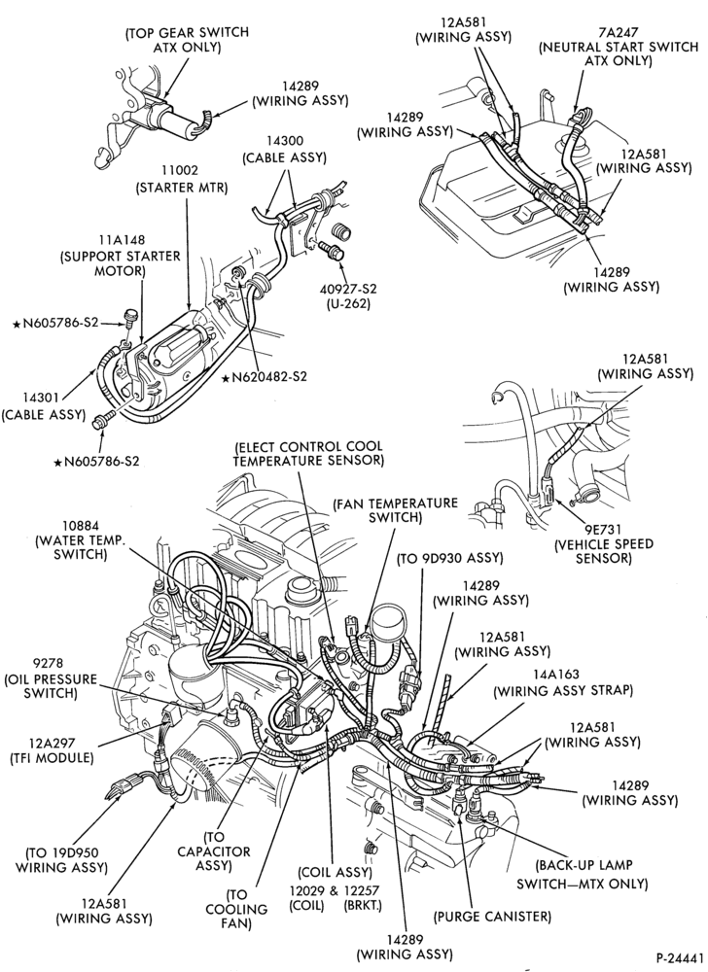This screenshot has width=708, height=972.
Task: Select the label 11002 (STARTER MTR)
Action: pyautogui.click(x=182, y=179)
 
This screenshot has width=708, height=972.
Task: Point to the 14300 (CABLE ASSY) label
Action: pyautogui.click(x=285, y=150)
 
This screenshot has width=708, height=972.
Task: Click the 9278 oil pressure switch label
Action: pyautogui.click(x=51, y=677)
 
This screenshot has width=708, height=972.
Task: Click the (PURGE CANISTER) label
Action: pyautogui.click(x=493, y=916)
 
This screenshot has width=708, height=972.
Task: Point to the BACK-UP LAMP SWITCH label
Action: pyautogui.click(x=583, y=874)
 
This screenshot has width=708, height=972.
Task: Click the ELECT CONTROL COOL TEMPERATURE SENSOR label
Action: pyautogui.click(x=308, y=453)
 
